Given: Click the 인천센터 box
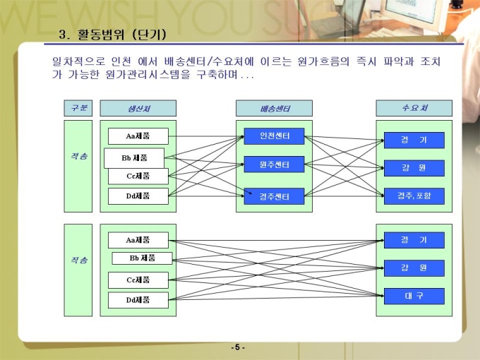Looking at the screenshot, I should tap(274, 136).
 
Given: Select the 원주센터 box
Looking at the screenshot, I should tap(274, 164).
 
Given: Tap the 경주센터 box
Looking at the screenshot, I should tap(274, 196).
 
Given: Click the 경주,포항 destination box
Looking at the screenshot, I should tap(414, 196).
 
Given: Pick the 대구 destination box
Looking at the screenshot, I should tap(414, 296).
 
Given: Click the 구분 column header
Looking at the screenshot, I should tap(78, 108).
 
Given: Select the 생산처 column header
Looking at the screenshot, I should tap(138, 108).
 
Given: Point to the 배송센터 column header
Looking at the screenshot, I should tap(274, 108).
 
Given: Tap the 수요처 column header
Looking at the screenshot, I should tap(414, 108).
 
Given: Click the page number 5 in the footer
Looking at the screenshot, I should tap(238, 347).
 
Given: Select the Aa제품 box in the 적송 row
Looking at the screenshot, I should tap(138, 136).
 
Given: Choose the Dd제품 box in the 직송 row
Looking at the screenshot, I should tap(138, 300).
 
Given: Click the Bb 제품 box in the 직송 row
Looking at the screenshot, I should tap(142, 258).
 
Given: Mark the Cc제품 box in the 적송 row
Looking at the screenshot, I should tap(138, 176).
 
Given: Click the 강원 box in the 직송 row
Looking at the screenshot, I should tap(414, 268).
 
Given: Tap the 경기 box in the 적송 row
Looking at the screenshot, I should tap(414, 140).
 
